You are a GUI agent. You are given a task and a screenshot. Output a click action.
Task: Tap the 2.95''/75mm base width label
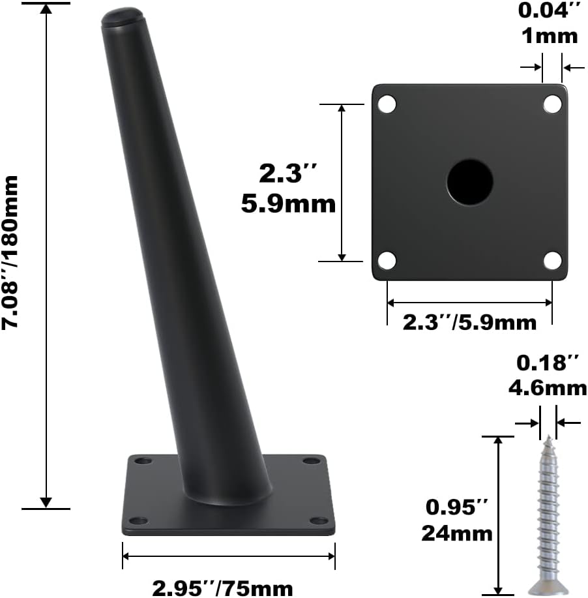222,589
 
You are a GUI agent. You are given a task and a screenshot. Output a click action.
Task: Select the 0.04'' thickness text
548,11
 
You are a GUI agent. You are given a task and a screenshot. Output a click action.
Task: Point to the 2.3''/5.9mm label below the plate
469,322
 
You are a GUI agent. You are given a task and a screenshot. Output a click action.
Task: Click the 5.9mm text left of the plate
288,204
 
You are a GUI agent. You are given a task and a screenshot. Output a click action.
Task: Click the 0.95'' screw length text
456,507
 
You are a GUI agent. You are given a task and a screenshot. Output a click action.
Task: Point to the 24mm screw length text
456,533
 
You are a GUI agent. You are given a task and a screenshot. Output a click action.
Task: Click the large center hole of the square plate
469,181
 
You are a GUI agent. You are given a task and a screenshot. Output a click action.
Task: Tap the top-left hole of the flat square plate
387,104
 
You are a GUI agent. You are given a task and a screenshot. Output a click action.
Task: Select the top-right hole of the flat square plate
552,104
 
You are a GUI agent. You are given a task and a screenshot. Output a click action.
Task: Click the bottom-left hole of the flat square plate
387,261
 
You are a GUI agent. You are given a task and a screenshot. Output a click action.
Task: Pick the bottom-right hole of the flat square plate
552,261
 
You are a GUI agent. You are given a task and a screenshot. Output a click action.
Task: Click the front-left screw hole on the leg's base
138,520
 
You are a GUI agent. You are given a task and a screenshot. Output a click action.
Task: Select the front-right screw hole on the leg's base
319,520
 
